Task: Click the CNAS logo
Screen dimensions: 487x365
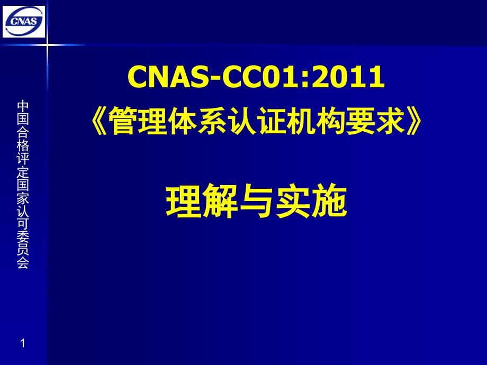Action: pyautogui.click(x=24, y=21)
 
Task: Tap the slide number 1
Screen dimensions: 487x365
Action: pyautogui.click(x=22, y=343)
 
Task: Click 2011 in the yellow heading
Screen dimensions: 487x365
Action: pyautogui.click(x=348, y=76)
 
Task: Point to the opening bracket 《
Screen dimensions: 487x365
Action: pyautogui.click(x=99, y=121)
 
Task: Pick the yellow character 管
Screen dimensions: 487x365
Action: pyautogui.click(x=123, y=121)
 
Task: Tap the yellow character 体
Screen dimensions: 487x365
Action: pyautogui.click(x=183, y=121)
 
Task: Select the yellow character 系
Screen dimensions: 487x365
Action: pyautogui.click(x=212, y=121)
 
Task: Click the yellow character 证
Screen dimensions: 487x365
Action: pyautogui.click(x=272, y=121)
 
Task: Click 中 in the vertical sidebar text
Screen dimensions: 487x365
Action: pyautogui.click(x=23, y=106)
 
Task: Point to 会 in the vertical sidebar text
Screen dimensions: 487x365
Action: pyautogui.click(x=23, y=262)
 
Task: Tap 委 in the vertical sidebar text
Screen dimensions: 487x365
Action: pyautogui.click(x=23, y=236)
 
